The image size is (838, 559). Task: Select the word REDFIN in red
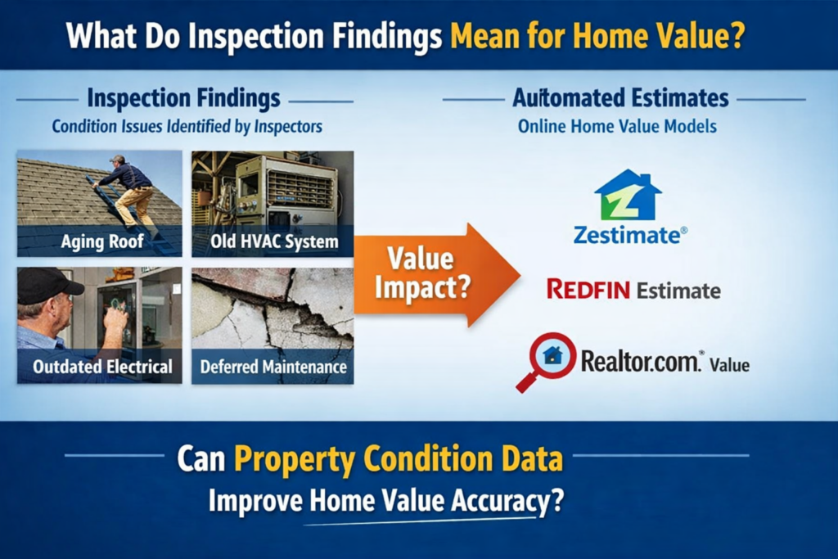tap(588, 290)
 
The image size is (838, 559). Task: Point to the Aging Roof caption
tap(102, 241)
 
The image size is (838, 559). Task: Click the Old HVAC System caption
tap(274, 241)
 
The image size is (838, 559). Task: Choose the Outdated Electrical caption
tap(102, 367)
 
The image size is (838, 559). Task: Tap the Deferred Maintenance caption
tap(273, 367)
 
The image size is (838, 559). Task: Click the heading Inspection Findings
tap(183, 98)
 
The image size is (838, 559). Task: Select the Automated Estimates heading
tap(620, 97)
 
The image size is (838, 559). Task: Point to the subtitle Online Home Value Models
tap(617, 127)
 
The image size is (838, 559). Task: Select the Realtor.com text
tap(640, 361)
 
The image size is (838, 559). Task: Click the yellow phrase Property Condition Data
tap(399, 458)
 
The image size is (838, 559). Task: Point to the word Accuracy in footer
tap(500, 501)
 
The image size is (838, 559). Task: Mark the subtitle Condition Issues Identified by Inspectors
tap(187, 127)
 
